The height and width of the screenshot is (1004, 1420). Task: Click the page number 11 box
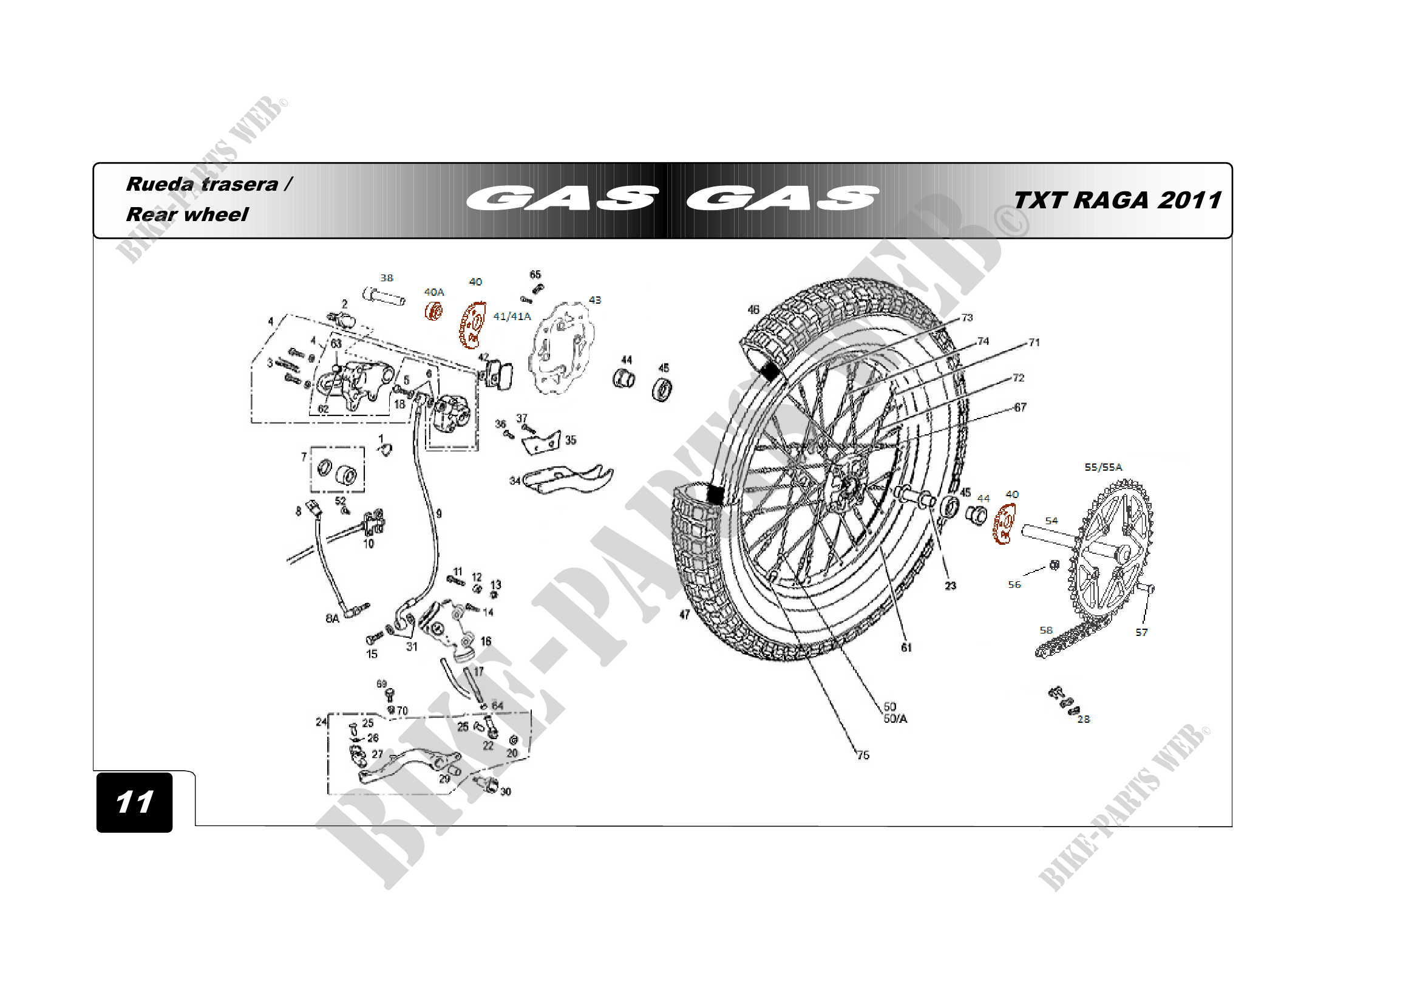134,802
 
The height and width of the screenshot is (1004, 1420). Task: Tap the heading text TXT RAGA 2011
1117,200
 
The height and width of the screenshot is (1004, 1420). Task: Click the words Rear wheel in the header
187,214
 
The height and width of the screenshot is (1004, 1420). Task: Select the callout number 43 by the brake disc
594,300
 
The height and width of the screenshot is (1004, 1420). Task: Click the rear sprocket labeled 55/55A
1111,550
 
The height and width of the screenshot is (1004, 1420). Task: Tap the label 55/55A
1102,467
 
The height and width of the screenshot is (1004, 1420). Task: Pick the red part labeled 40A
433,310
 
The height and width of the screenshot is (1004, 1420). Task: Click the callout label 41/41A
511,316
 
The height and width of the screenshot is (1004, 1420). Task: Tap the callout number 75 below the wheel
863,755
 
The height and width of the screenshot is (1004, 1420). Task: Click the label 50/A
895,719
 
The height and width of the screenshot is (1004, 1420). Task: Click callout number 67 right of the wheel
1020,407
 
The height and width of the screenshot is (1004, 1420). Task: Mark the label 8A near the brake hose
332,618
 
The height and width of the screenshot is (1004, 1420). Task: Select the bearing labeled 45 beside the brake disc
662,389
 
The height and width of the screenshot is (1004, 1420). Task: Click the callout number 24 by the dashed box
321,722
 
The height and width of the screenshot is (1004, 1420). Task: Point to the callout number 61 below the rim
906,647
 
